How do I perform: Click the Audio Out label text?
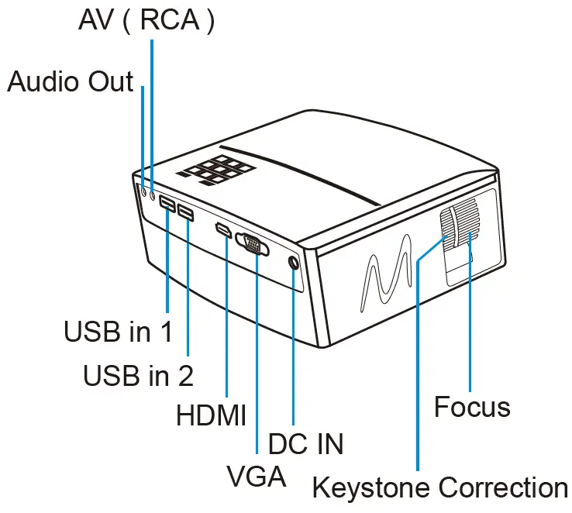(71, 81)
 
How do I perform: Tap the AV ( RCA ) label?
(146, 21)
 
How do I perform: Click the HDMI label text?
(211, 415)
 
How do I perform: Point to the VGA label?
(256, 475)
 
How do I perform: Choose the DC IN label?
(305, 444)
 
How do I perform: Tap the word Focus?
(472, 407)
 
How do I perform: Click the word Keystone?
(371, 488)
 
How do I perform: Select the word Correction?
(502, 488)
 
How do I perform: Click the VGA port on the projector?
(253, 245)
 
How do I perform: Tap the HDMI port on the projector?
(223, 230)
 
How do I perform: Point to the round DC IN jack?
(293, 263)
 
